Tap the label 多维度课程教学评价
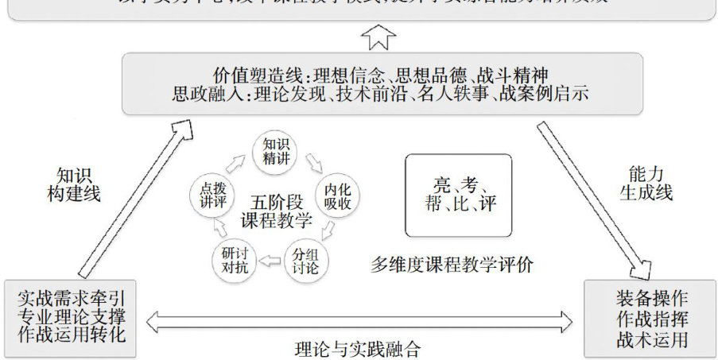[x=452, y=265]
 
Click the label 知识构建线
[x=74, y=184]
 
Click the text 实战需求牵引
[x=70, y=299]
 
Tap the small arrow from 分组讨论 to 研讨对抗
[x=272, y=258]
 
